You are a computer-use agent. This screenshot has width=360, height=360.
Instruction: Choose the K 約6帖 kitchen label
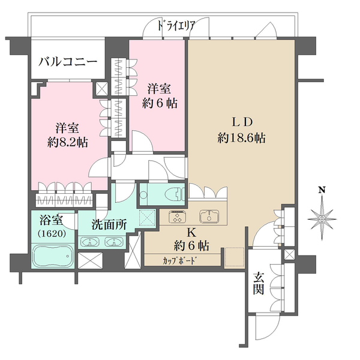coord(192,238)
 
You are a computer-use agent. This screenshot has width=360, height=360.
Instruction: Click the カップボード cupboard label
coord(180,260)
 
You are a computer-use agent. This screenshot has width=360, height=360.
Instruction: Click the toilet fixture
coord(169,194)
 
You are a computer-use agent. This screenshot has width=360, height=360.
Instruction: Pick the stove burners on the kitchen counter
coord(178,217)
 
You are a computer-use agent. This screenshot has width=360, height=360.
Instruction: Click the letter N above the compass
coord(322,190)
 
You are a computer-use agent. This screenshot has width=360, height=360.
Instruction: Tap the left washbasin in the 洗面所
coord(90,243)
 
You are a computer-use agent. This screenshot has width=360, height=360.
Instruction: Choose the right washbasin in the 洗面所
coord(114,243)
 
